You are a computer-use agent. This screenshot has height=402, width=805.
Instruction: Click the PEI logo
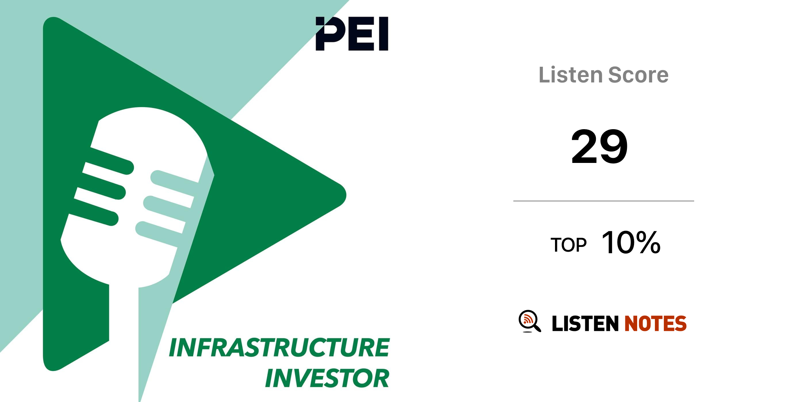[x=352, y=34]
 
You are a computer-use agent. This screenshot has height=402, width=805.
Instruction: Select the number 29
[x=599, y=146]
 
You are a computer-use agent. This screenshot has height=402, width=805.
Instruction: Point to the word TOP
[x=568, y=245]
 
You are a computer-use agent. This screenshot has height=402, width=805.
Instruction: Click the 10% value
[x=631, y=243]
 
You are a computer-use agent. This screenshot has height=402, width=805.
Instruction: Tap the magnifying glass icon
[x=529, y=322]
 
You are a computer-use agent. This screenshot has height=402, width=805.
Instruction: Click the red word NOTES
[x=655, y=323]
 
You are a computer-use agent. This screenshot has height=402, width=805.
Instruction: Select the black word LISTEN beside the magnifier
[x=585, y=323]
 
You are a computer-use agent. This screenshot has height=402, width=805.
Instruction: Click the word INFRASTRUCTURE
[x=279, y=347]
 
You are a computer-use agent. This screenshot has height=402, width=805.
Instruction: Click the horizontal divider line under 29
[x=604, y=201]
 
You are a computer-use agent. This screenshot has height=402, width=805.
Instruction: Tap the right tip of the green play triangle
[x=345, y=195]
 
